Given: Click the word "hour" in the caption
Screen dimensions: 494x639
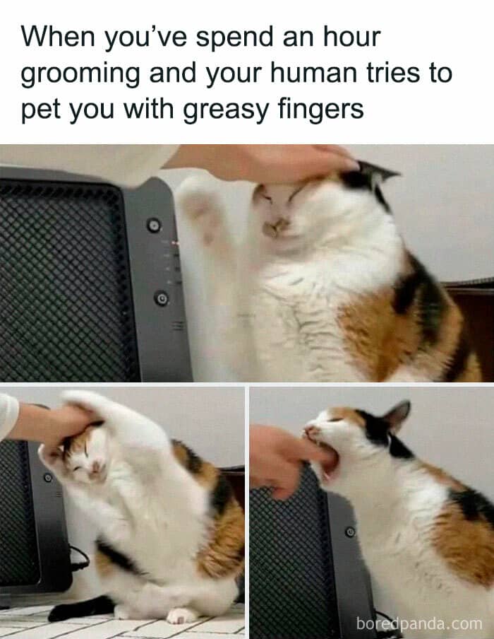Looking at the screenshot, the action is (351, 37).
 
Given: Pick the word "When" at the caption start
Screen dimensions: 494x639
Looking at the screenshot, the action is (58, 37).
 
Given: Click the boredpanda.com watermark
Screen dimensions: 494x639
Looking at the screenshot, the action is (418, 623).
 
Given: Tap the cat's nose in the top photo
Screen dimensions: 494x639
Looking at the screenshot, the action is (276, 225).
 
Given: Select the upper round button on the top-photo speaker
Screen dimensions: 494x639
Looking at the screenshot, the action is (154, 225).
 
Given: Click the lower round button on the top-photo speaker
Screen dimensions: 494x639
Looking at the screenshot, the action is (162, 298).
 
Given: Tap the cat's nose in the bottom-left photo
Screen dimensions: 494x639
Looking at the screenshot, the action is (97, 466).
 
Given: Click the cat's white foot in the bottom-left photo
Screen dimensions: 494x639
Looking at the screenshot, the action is (181, 616).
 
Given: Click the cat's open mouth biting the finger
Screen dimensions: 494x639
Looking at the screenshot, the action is (327, 460).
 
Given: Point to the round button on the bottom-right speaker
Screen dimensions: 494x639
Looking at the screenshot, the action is (350, 532).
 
